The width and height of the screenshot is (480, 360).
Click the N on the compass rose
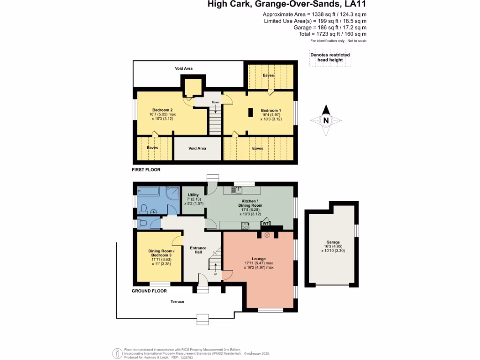[326, 120]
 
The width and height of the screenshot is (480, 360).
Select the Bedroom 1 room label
[270, 111]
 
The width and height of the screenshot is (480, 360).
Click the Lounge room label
[258, 259]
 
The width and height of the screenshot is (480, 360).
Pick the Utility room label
[193, 195]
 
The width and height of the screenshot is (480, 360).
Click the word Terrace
[177, 301]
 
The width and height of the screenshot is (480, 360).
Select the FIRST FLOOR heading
[146, 170]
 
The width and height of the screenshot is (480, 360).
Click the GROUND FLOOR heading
[149, 291]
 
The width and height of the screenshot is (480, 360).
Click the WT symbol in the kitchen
[266, 224]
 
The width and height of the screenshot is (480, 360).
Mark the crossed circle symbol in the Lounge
[268, 236]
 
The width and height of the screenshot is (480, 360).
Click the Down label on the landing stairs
[215, 102]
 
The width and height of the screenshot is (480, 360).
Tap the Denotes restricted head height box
[330, 58]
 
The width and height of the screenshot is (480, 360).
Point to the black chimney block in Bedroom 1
[251, 112]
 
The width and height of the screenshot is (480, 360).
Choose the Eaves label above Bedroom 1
[268, 75]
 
